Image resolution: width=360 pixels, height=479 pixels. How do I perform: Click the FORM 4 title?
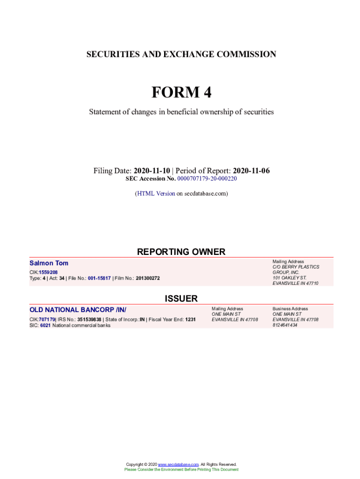click(x=181, y=93)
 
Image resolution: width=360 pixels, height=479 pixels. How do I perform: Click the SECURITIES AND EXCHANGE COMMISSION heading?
click(x=181, y=54)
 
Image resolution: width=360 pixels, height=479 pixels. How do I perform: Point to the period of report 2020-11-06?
click(x=251, y=171)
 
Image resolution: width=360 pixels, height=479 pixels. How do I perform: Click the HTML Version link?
click(x=156, y=193)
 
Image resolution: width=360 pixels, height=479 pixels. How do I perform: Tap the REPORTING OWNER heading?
click(x=181, y=252)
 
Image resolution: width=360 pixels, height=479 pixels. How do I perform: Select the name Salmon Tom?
click(x=49, y=263)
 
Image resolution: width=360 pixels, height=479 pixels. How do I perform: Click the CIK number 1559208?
click(x=48, y=272)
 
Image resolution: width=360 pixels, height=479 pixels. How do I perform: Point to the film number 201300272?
click(x=148, y=278)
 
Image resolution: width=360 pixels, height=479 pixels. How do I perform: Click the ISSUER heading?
click(x=181, y=298)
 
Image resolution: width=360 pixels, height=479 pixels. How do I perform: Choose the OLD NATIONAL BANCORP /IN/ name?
click(x=78, y=310)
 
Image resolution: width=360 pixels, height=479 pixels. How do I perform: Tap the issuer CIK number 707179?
click(x=47, y=319)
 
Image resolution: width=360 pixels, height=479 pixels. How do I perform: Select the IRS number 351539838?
click(x=89, y=319)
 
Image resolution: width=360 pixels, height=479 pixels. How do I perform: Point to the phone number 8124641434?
click(x=285, y=325)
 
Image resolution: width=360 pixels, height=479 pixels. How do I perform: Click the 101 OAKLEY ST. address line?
click(x=289, y=278)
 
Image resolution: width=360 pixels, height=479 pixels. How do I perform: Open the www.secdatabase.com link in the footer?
click(x=179, y=464)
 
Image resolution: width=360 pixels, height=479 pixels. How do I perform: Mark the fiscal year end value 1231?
click(x=190, y=319)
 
